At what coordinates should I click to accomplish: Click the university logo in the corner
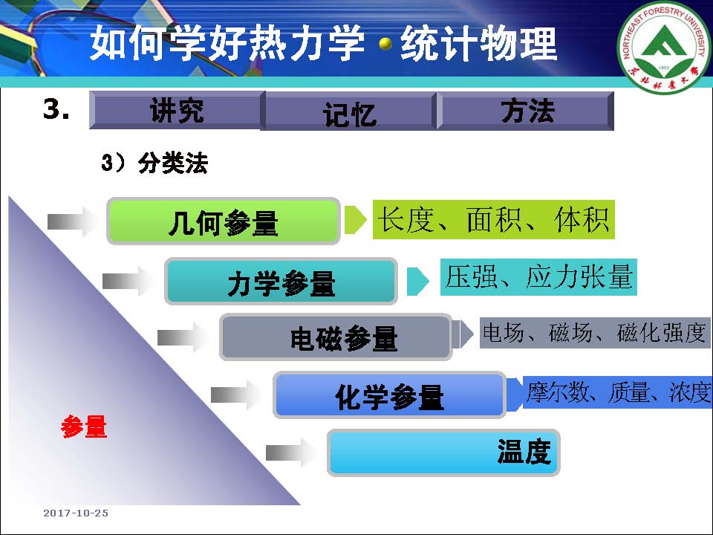(664, 46)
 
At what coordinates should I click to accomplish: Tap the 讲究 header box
(177, 110)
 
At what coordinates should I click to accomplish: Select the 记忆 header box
(349, 111)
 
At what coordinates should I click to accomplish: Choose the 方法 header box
(526, 111)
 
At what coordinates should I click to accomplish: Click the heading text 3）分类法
(154, 163)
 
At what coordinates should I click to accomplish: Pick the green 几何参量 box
(224, 221)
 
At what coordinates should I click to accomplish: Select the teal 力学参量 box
(281, 281)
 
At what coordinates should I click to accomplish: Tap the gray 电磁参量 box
(336, 337)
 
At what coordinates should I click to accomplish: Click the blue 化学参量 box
(390, 395)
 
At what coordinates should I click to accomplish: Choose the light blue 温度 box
(443, 453)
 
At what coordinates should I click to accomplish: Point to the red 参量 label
(84, 427)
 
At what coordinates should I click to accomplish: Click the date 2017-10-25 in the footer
(76, 513)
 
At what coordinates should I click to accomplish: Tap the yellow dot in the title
(385, 44)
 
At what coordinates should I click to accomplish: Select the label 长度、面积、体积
(494, 220)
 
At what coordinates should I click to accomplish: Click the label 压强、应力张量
(538, 277)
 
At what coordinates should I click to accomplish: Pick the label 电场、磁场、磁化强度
(595, 333)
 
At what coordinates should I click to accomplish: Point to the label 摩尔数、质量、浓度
(617, 392)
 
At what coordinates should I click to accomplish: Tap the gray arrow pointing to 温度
(291, 453)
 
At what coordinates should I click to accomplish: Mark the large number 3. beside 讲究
(56, 109)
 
